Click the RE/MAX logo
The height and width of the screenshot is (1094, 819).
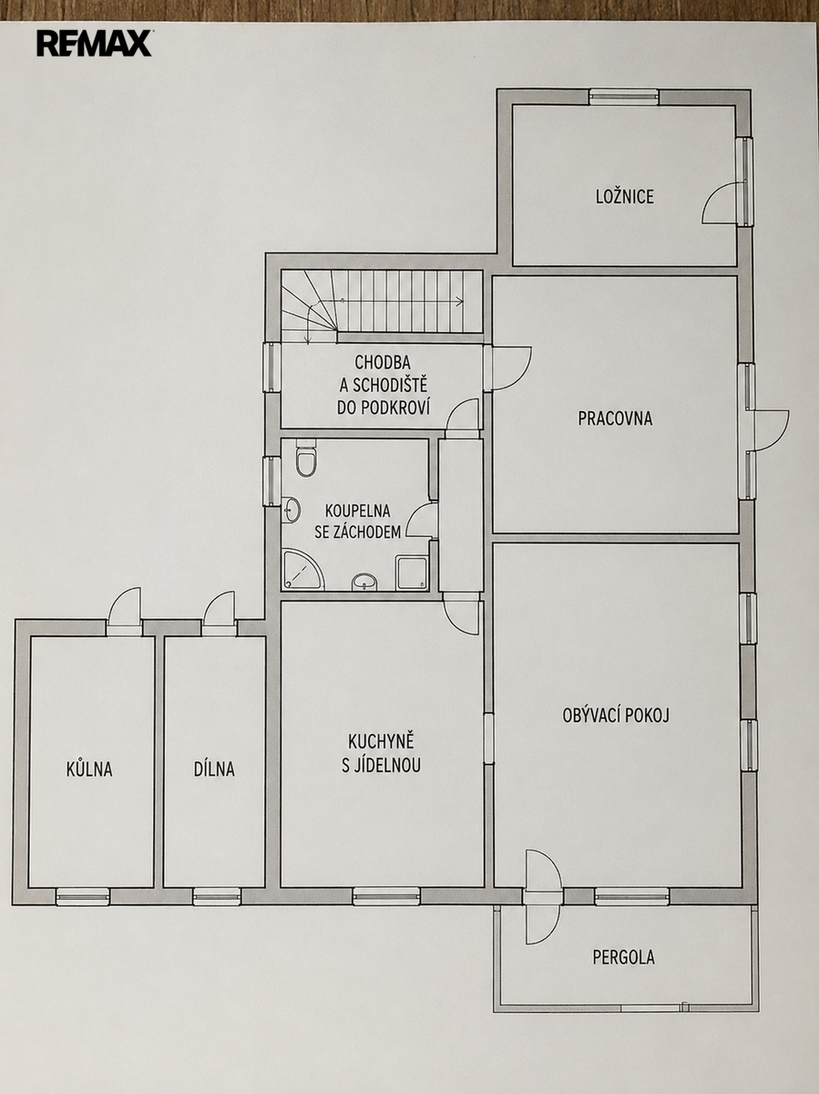click(94, 44)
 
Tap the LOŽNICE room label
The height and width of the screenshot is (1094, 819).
click(625, 196)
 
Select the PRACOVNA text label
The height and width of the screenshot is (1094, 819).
click(615, 418)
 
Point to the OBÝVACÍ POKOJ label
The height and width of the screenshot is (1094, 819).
click(616, 716)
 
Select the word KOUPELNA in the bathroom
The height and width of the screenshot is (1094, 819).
click(357, 511)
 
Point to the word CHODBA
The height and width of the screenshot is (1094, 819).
click(383, 361)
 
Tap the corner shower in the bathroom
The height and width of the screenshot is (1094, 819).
click(303, 570)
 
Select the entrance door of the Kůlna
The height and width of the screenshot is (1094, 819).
click(125, 612)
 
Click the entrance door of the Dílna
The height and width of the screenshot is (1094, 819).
click(219, 614)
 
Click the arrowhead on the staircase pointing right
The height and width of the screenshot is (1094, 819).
click(459, 301)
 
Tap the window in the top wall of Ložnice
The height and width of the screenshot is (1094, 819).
click(624, 97)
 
